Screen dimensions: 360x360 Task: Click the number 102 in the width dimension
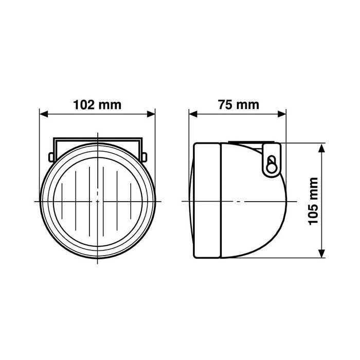click(84, 105)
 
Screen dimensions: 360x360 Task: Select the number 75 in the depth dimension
click(224, 105)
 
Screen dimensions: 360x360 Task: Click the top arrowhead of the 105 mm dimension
click(322, 148)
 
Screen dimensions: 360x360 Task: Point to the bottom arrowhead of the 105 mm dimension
click(322, 253)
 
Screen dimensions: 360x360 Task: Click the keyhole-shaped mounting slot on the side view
click(272, 165)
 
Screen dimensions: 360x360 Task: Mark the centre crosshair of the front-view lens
click(97, 201)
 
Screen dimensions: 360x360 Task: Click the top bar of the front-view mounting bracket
click(97, 139)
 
